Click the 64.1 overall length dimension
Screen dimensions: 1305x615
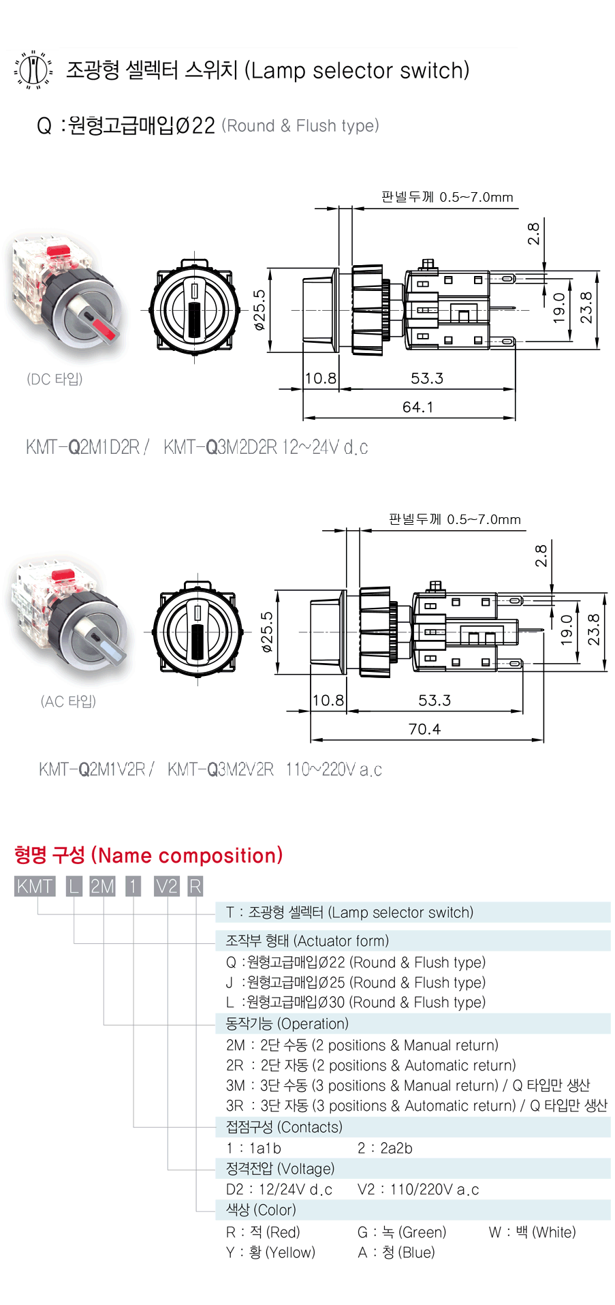(417, 407)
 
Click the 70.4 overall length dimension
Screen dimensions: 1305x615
(424, 729)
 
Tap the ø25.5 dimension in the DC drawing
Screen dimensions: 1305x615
(259, 310)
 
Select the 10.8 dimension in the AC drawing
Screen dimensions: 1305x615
(328, 701)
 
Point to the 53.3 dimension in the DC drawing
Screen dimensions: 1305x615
(427, 378)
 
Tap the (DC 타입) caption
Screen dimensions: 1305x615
(54, 379)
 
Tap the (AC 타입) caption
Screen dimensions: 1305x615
(68, 701)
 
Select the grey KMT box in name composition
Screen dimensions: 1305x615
(34, 886)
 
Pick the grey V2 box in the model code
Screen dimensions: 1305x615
(166, 886)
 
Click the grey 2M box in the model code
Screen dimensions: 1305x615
(103, 886)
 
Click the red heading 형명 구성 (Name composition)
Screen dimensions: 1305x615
(148, 855)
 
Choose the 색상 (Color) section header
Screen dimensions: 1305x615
(261, 1210)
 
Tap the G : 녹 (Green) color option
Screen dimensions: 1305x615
(402, 1232)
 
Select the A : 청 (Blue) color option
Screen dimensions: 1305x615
(396, 1253)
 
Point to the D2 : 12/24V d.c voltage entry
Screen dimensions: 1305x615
(279, 1189)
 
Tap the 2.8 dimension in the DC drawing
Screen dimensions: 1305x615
(534, 234)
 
